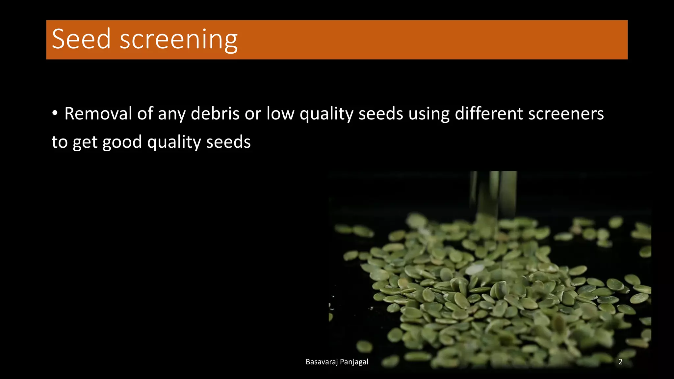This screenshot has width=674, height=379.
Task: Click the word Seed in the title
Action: [81, 39]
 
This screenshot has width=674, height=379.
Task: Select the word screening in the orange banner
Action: [178, 40]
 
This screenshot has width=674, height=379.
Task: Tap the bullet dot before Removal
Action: [55, 113]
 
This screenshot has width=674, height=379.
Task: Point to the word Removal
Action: [98, 114]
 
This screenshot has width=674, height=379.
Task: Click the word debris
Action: [215, 114]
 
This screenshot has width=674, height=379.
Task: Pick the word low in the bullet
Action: [280, 114]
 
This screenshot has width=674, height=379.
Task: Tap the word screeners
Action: [566, 114]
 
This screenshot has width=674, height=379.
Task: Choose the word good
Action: [122, 142]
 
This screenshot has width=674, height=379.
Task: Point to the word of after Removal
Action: [145, 114]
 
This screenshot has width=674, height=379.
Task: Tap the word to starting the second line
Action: [59, 142]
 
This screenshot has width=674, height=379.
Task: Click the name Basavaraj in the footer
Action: [322, 362]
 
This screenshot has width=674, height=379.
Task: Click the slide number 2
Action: [620, 362]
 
